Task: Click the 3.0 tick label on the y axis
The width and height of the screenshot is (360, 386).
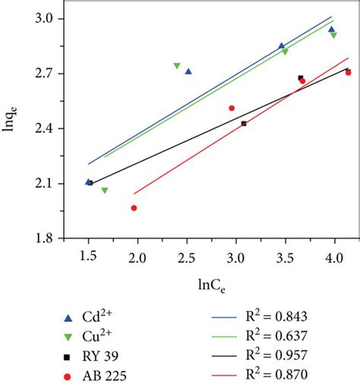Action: click(x=51, y=19)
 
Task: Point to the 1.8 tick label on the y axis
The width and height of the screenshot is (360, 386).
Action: click(x=51, y=239)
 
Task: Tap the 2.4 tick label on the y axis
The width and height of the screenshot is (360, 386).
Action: click(x=51, y=129)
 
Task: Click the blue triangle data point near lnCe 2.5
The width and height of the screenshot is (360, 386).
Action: click(x=188, y=71)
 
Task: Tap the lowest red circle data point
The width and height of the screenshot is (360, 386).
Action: click(x=134, y=207)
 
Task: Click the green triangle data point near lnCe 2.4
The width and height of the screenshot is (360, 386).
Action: click(x=177, y=66)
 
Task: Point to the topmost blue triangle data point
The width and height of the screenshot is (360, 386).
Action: click(x=331, y=29)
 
